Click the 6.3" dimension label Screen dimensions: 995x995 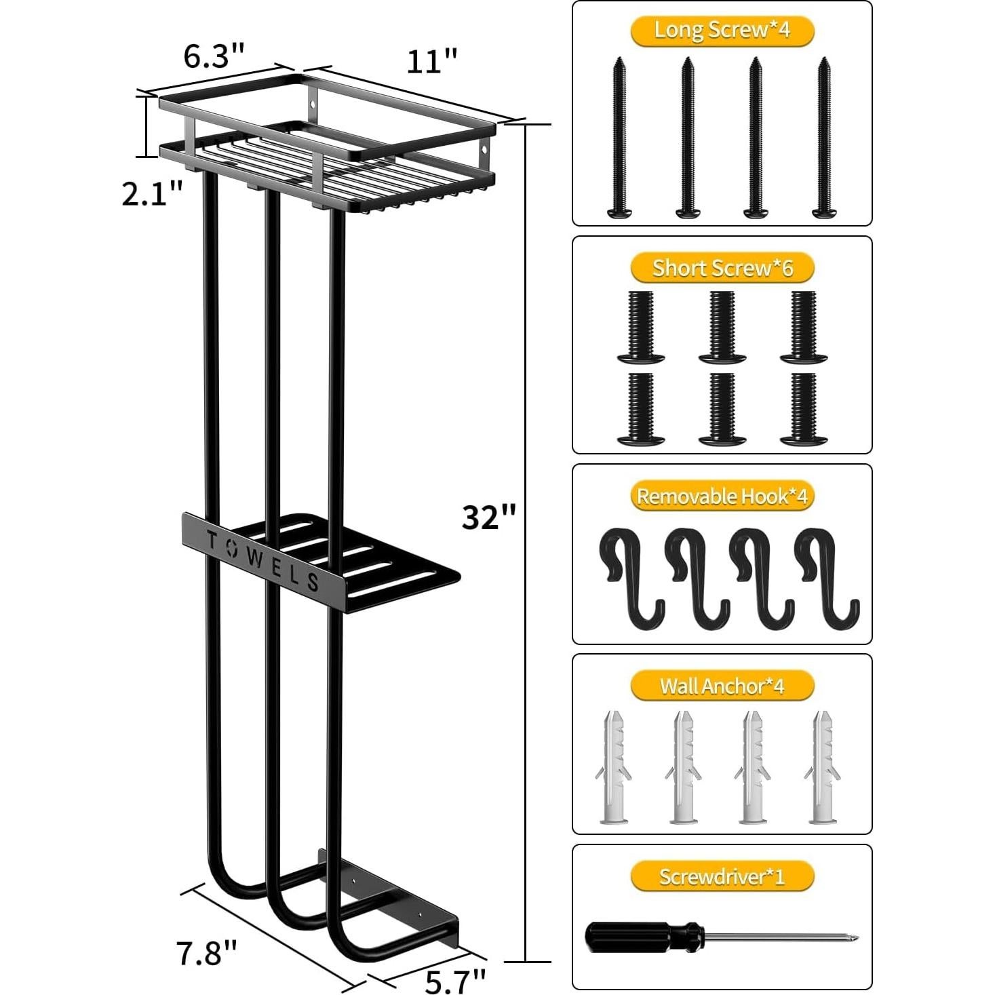tap(213, 56)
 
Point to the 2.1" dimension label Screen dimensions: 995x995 tap(152, 195)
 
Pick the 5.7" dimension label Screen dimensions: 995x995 tap(456, 979)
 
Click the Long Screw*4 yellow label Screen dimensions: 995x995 tap(722, 31)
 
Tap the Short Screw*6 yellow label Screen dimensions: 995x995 tap(722, 269)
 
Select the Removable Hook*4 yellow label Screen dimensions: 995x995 tap(722, 496)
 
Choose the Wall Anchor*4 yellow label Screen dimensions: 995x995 tap(722, 686)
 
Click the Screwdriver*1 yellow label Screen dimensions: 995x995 tap(722, 877)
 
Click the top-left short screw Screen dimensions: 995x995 tap(640, 326)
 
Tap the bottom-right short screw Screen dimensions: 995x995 tap(804, 410)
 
